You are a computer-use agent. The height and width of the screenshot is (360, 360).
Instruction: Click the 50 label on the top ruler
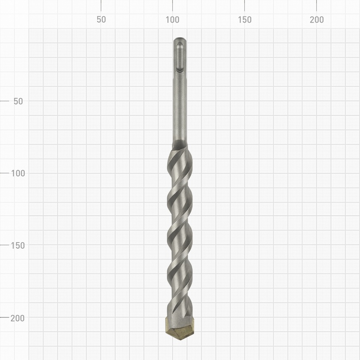101,20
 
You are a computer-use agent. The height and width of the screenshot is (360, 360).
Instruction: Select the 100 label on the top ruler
173,20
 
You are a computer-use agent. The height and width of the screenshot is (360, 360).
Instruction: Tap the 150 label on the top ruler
245,20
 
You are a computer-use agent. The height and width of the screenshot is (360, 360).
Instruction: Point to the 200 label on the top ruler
317,20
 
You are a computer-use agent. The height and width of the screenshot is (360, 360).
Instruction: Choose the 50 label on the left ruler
18,101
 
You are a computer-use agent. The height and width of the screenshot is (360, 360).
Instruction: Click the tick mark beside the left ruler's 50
4,101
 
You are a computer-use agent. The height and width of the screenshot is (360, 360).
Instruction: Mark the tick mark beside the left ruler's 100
4,173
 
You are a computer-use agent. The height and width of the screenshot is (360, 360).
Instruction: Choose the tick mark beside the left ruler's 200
4,317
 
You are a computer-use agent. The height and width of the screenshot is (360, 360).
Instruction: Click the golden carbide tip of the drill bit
180,328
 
